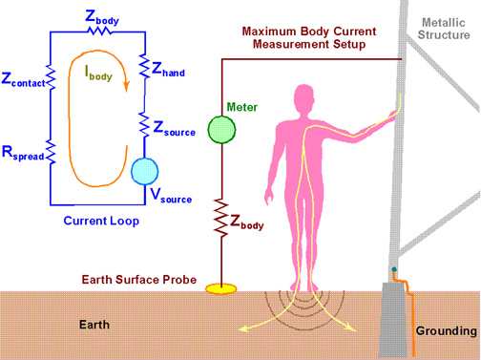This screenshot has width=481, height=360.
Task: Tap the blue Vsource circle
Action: pyautogui.click(x=147, y=172)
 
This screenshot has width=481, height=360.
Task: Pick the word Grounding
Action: pyautogui.click(x=446, y=331)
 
